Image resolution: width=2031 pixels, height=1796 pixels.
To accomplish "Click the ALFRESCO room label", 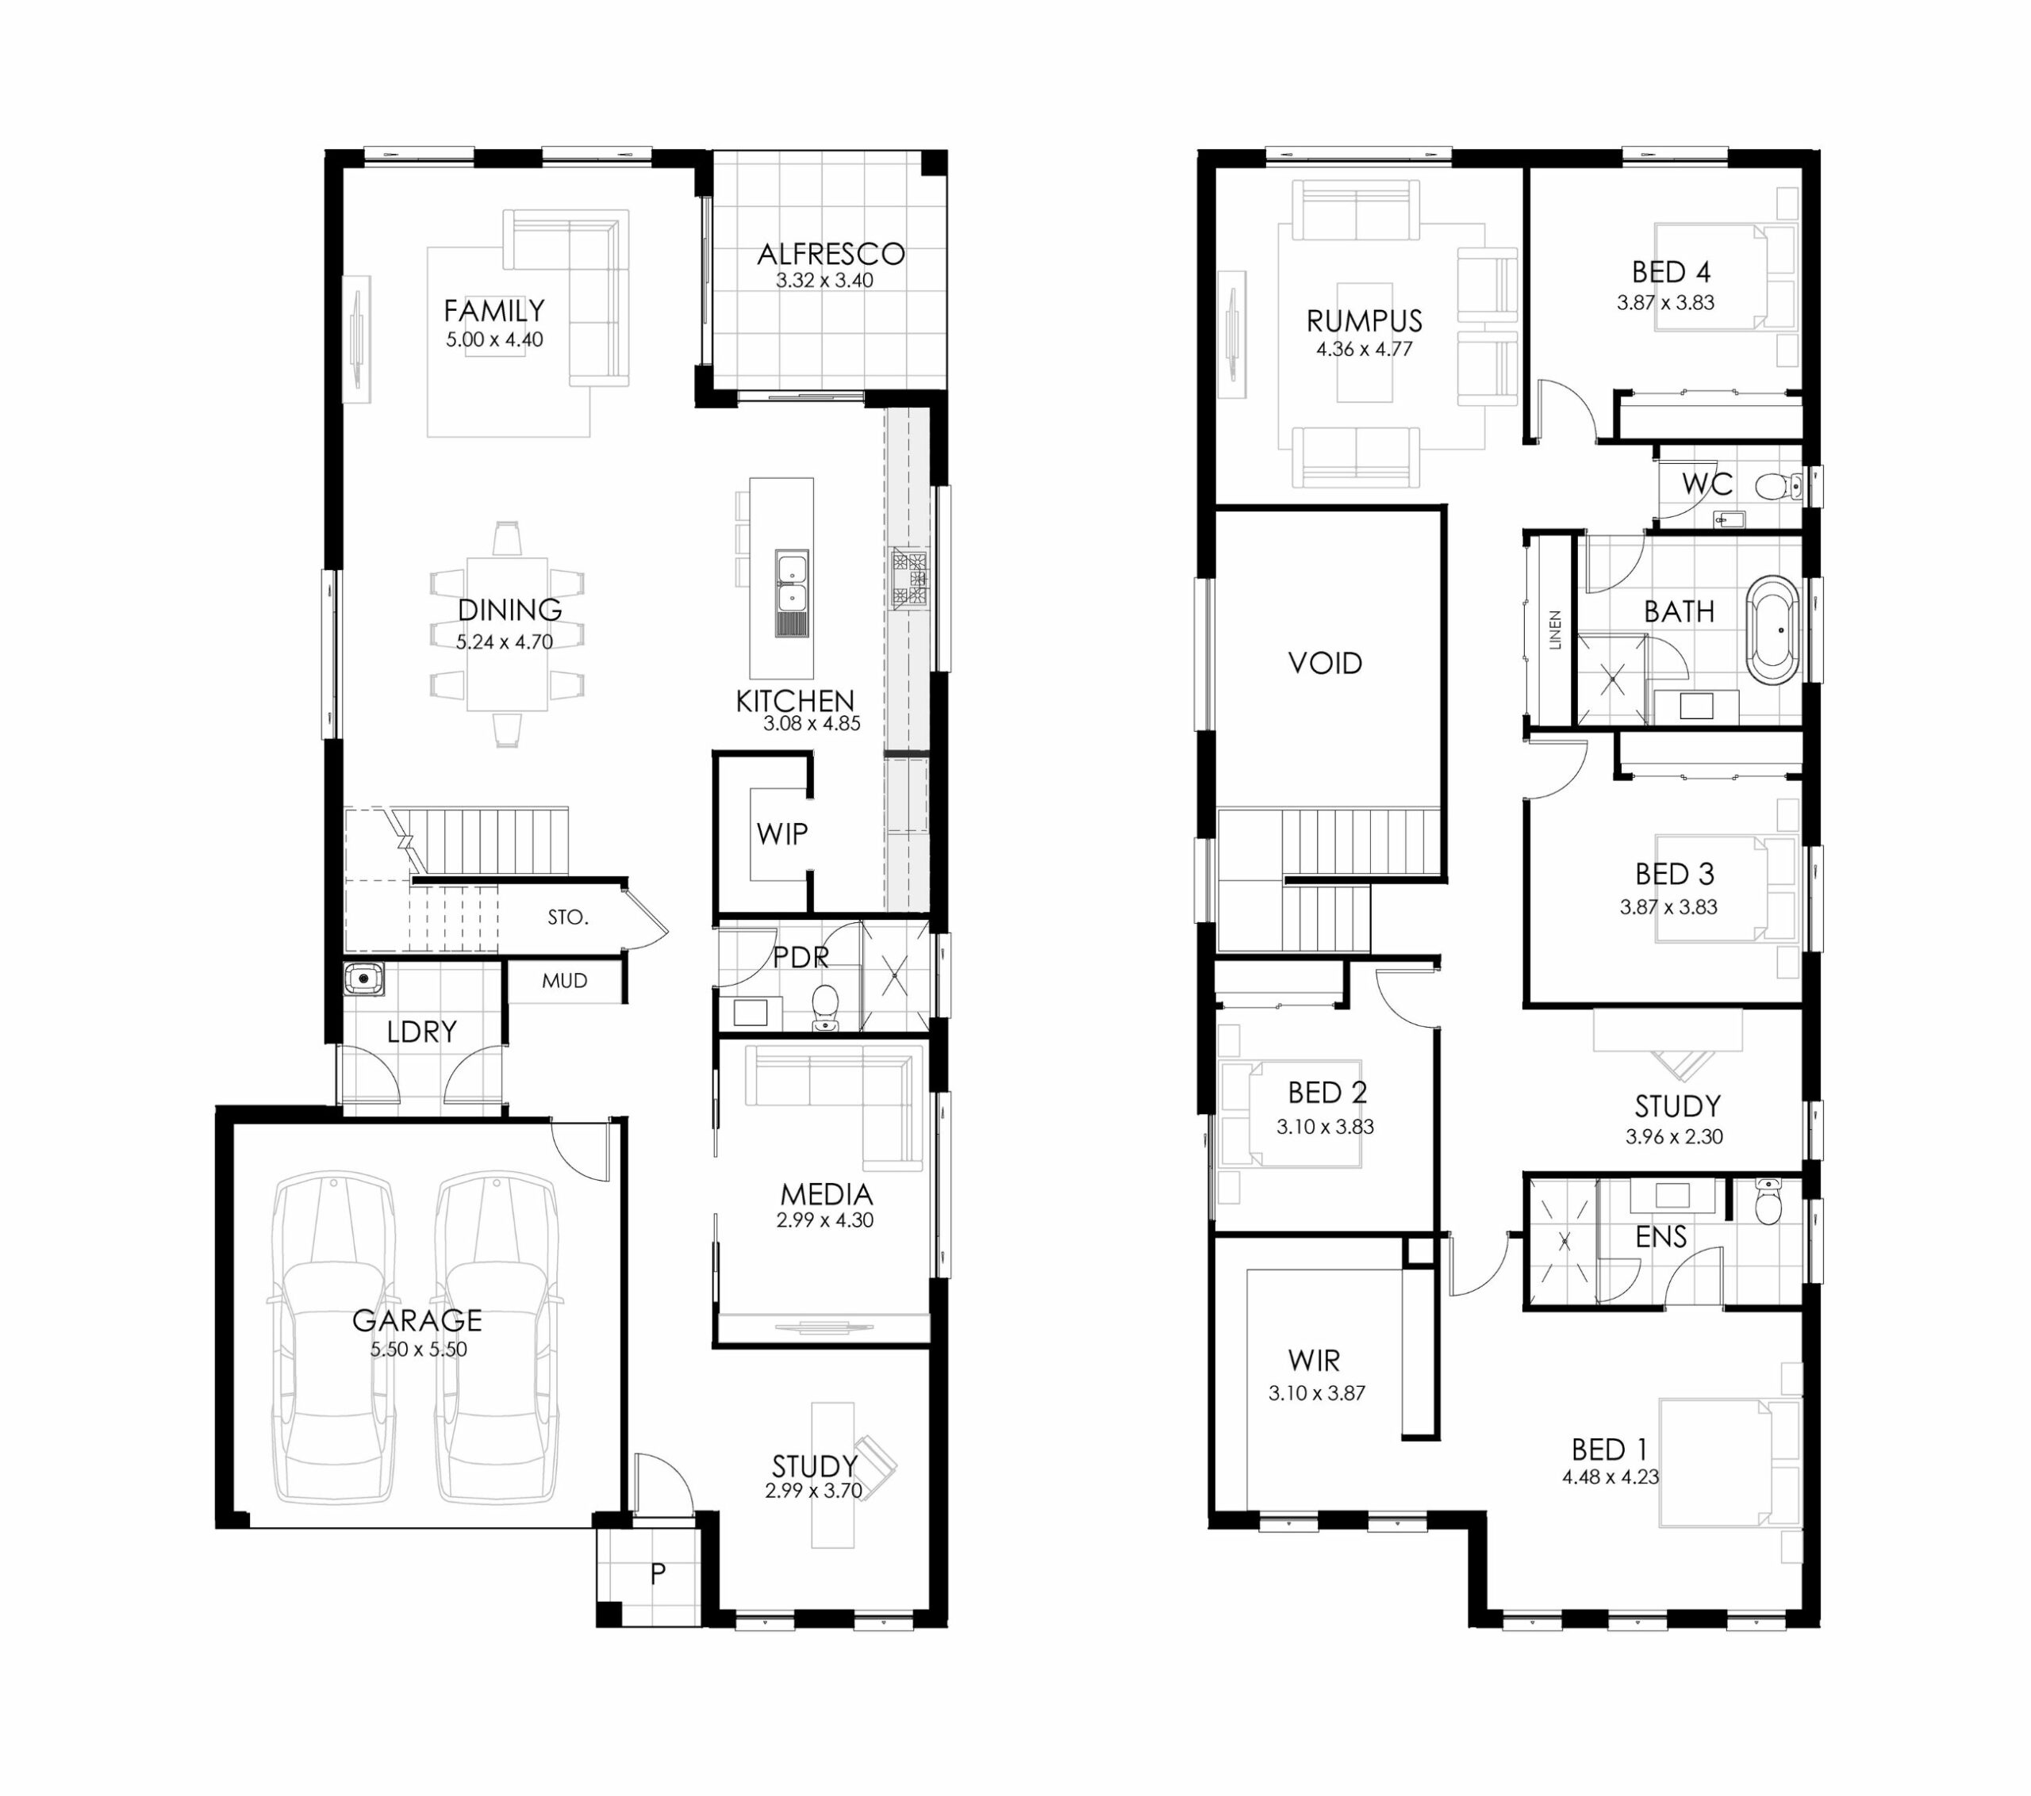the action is point(831,255).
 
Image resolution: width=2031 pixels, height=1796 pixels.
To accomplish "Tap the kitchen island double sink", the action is point(792,593).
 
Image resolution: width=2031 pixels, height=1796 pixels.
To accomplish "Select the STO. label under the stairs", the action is point(567,918).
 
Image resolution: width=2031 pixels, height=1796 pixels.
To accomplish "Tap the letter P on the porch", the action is point(658,1573).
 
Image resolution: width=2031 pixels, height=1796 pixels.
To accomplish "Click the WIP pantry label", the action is point(782,834).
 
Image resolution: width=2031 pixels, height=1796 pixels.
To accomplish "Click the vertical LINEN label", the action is point(1555,630).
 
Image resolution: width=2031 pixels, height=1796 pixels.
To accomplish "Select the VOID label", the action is point(1325,664).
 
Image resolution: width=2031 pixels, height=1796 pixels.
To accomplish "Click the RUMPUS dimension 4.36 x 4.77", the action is point(1365,349).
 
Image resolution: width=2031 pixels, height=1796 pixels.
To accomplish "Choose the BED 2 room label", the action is point(1327,1093).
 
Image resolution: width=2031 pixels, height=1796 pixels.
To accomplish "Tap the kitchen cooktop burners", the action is point(909,577).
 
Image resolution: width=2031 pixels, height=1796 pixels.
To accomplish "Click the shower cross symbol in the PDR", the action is point(894,975).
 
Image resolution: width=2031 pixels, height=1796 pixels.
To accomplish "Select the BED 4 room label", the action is point(1672,272).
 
